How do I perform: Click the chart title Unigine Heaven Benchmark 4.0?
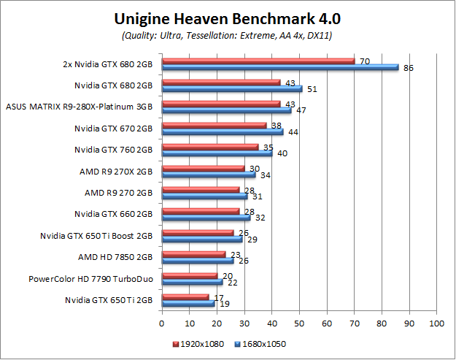227,18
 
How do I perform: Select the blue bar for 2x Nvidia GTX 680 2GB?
280,67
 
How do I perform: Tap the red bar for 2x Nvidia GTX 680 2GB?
258,61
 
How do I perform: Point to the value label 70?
364,61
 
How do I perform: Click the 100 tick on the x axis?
436,321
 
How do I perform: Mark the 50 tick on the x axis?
299,321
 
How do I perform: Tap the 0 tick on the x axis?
162,321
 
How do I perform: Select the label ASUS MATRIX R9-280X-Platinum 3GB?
80,107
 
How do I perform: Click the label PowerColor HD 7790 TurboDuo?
90,279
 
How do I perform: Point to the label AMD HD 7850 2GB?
115,257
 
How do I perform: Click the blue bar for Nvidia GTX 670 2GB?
223,131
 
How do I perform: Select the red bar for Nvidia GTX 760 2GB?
210,148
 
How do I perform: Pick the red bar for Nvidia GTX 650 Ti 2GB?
185,296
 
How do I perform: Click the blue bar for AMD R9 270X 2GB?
209,175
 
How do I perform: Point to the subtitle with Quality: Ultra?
227,36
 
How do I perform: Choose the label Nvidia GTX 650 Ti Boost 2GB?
96,236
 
